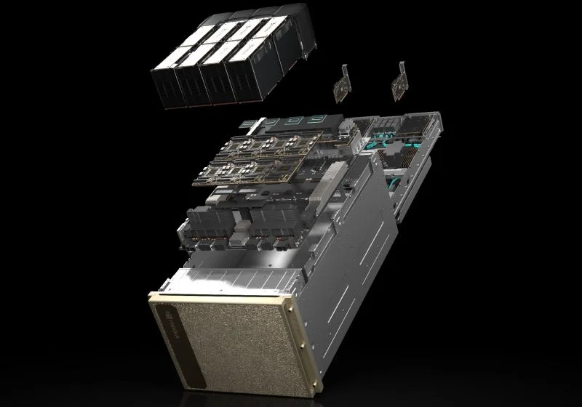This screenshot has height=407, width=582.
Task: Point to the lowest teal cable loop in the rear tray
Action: point(399,179)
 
